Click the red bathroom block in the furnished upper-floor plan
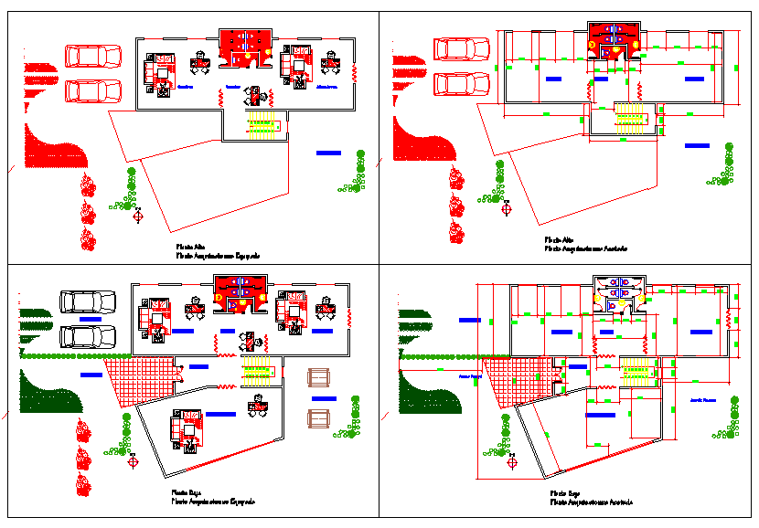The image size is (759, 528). (245, 49)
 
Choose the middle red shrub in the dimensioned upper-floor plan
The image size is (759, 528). (454, 205)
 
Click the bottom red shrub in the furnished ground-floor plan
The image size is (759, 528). (84, 482)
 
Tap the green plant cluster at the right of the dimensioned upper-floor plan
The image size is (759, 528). (722, 169)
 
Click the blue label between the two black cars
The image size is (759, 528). (91, 319)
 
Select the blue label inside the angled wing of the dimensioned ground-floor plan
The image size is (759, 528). (601, 415)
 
